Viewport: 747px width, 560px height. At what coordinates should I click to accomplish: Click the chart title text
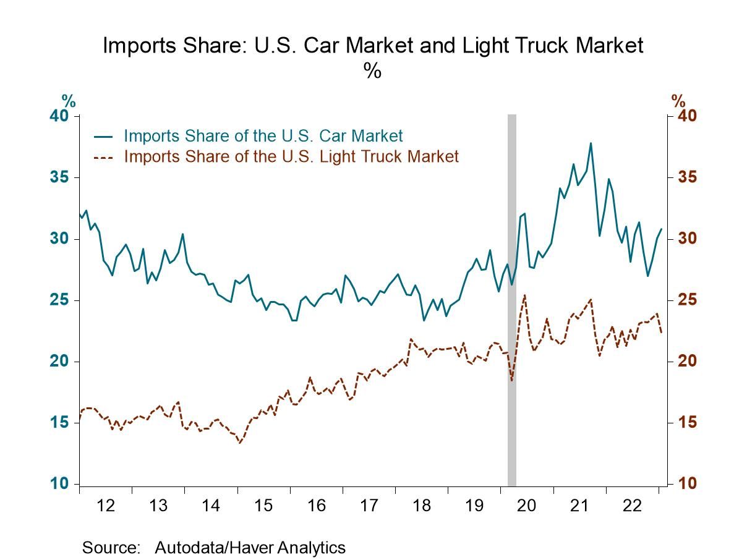(373, 46)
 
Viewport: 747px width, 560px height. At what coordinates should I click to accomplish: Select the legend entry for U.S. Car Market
(263, 136)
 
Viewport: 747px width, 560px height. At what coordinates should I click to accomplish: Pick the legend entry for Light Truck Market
(291, 156)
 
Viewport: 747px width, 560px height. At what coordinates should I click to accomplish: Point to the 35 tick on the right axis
(683, 177)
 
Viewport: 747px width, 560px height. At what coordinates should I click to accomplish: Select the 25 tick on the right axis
(683, 300)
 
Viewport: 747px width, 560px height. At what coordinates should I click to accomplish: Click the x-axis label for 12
(106, 506)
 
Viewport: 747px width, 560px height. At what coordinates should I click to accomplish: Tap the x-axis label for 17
(369, 506)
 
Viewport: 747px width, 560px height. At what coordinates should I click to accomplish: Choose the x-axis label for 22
(631, 506)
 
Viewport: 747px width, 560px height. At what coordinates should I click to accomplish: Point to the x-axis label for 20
(526, 506)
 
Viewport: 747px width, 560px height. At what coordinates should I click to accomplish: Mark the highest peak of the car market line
(591, 143)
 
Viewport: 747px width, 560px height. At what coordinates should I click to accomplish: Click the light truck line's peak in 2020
(524, 295)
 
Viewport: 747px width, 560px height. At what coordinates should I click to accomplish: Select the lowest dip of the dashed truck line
(239, 443)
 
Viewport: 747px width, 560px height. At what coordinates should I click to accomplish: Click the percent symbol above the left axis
(68, 100)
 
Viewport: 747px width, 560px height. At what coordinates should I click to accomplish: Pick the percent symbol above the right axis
(678, 100)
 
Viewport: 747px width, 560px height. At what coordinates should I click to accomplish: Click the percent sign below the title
(372, 72)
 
